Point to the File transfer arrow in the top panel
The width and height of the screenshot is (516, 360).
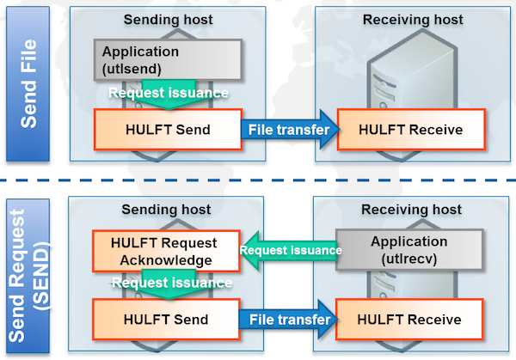click(287, 130)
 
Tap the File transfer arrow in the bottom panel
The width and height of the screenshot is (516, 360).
click(287, 320)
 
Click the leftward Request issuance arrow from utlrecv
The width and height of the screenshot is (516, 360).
click(286, 250)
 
